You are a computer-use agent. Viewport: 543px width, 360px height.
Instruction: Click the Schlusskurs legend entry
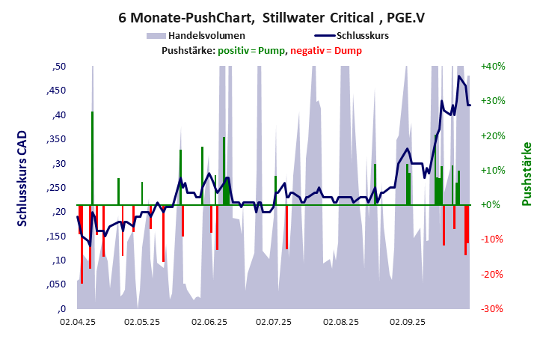(x=361, y=35)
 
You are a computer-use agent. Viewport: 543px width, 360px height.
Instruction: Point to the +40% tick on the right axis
(x=494, y=66)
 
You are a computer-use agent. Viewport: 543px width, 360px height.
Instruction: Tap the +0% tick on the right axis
(x=493, y=204)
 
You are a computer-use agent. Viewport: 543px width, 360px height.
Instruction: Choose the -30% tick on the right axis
(x=494, y=308)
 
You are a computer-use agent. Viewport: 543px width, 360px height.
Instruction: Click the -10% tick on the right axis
(x=494, y=240)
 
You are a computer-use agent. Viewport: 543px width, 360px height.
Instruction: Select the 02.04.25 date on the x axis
(x=78, y=322)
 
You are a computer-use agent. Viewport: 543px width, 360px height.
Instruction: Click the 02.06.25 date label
(x=209, y=322)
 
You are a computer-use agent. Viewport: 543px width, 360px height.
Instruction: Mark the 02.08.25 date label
(x=341, y=322)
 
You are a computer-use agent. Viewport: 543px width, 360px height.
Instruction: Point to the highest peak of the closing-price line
(x=459, y=76)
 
